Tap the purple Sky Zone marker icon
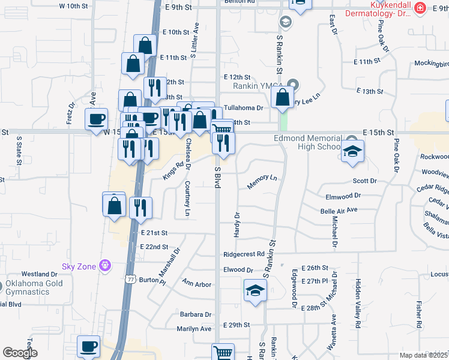tap(106, 264)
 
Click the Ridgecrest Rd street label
tap(243, 254)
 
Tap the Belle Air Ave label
tap(339, 210)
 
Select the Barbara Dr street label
tap(196, 314)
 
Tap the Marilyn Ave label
tap(194, 329)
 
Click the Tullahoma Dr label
tap(243, 108)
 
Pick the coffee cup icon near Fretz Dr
tap(97, 119)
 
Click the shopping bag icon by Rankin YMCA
tap(282, 97)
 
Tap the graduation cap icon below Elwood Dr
tap(255, 291)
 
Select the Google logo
tap(20, 353)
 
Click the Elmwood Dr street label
tap(342, 196)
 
